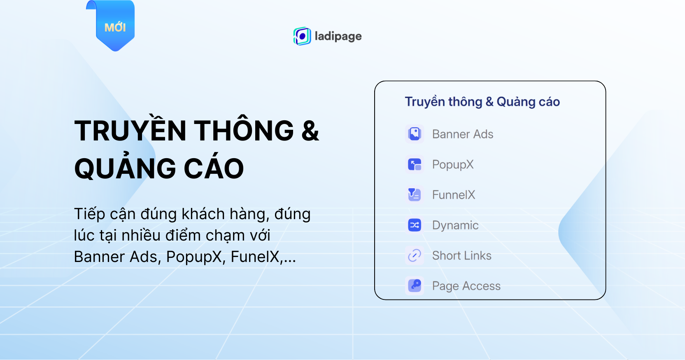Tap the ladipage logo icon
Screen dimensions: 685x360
[x=302, y=36]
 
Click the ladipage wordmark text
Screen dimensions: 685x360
[x=338, y=36]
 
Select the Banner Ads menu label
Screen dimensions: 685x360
[x=462, y=134]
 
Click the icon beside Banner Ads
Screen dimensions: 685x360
[x=415, y=134]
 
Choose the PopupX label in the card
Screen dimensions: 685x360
[x=452, y=165]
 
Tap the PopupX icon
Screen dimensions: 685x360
[x=415, y=165]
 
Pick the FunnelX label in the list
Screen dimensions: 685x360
[x=454, y=195]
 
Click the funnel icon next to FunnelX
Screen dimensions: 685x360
[x=415, y=194]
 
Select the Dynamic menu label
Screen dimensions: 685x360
[x=455, y=225]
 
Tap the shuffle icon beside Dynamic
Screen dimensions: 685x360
[x=415, y=225]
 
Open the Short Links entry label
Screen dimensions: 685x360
[x=461, y=255]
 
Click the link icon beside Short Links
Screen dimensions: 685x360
[x=415, y=255]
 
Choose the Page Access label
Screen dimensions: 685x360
[x=466, y=286]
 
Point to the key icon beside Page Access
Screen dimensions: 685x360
[x=415, y=286]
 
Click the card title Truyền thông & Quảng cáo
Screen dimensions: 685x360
[x=482, y=102]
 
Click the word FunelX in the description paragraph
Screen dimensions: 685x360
[x=255, y=257]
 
